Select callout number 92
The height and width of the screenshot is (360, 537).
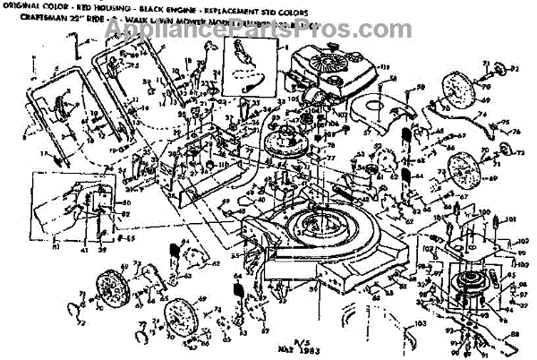(517, 66)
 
